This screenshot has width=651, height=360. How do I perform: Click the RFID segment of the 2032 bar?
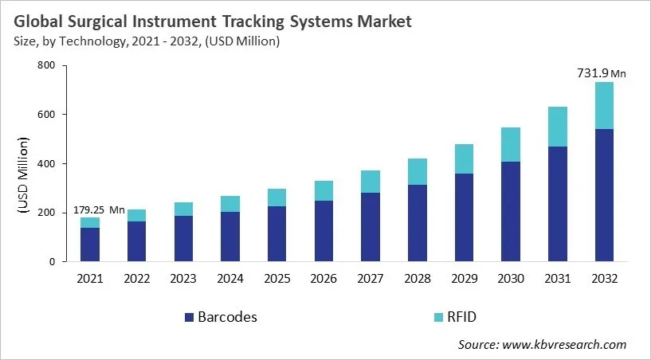point(603,105)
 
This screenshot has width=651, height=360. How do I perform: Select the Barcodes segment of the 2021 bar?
point(90,245)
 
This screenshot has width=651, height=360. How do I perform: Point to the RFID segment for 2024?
point(229,204)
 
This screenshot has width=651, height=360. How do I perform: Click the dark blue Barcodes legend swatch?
point(189,317)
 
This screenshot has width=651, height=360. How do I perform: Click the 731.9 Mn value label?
point(601,73)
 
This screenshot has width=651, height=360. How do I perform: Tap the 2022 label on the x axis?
point(136,279)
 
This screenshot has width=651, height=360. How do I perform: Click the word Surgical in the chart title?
point(127,22)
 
